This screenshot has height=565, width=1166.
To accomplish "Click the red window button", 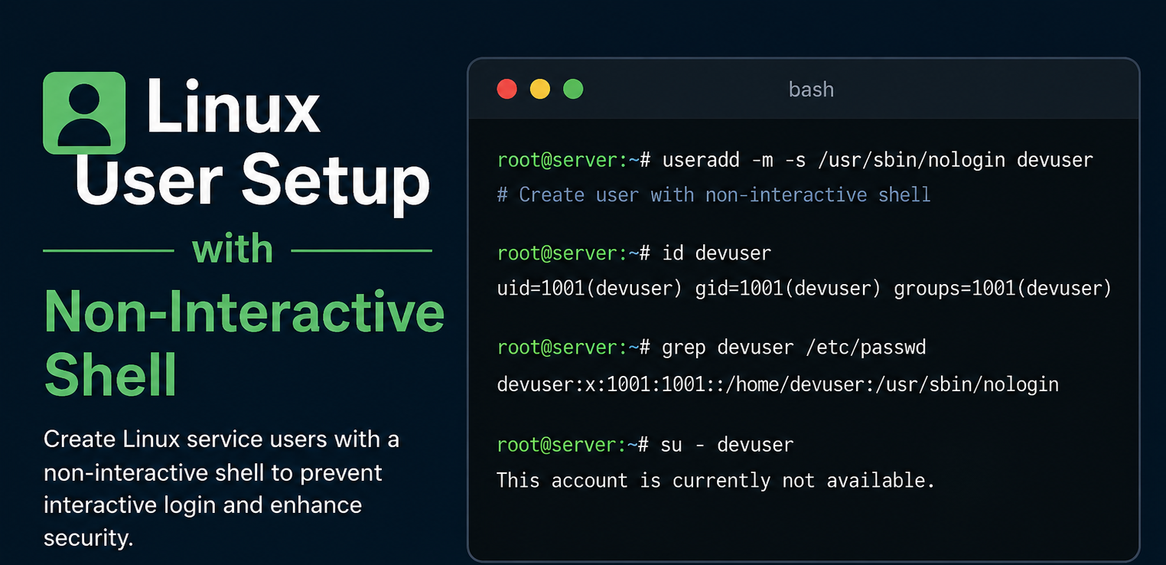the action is coord(507,89).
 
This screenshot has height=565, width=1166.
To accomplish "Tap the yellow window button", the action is coord(540,89).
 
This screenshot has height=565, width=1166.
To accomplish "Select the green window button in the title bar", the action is coord(573,89).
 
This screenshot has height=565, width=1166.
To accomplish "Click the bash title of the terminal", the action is coord(811,90).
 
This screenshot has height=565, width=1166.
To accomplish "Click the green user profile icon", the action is coord(84,113).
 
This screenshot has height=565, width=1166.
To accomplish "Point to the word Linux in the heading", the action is coord(233,108).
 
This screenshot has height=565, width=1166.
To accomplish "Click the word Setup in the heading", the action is coord(337,181).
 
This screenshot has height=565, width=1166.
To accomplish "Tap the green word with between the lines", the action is coord(232,249).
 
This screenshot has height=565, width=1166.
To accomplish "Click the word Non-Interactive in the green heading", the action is coord(245,312).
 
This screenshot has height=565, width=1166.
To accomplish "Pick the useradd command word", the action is coord(701,160).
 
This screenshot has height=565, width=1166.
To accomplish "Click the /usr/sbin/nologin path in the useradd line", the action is coord(911,160).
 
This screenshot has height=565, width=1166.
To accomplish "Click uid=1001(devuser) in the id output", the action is coord(589,289).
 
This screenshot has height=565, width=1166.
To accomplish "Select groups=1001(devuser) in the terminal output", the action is coord(1002,289).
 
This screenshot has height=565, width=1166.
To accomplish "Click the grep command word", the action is coord(684,348).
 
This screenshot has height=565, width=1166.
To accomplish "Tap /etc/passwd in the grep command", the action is coord(866,348).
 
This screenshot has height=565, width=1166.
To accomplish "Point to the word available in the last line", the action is coord(881,480).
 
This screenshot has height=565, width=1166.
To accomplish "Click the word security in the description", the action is coord(89,537).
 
